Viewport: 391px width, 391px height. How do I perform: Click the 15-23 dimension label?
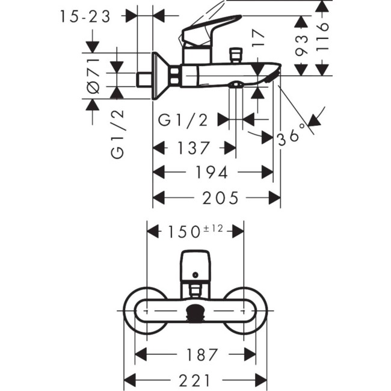(85, 17)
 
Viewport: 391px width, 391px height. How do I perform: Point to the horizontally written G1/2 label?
(183, 120)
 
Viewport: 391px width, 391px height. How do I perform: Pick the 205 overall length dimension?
(220, 197)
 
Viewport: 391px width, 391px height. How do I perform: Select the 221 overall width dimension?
(195, 380)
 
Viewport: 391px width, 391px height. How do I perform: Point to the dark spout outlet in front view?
(195, 313)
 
